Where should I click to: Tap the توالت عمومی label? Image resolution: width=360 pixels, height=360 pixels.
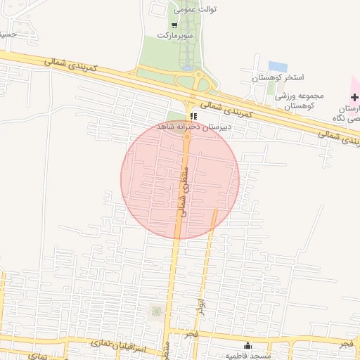196,10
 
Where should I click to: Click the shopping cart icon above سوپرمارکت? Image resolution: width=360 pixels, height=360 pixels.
174,25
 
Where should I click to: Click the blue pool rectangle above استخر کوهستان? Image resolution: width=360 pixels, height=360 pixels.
277,66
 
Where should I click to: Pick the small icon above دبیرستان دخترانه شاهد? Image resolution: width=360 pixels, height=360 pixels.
193,116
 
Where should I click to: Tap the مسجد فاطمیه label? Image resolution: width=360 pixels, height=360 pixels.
247,356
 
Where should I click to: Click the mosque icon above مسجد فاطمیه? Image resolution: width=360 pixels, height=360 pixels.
247,345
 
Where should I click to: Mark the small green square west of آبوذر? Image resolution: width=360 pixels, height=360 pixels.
155,310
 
